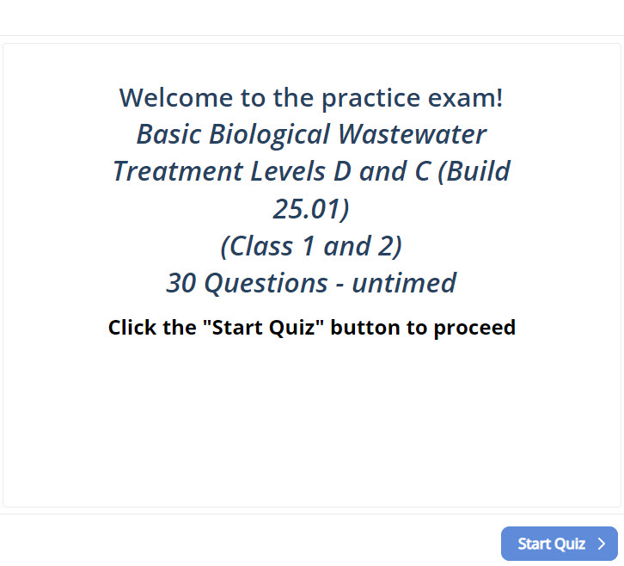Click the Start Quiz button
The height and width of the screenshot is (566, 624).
(560, 544)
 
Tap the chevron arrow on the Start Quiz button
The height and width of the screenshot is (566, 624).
(602, 544)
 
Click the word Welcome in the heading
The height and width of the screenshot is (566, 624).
(176, 97)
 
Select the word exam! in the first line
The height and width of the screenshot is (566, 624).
(465, 97)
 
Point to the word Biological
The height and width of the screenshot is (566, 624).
(269, 134)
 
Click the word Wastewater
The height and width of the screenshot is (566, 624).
(413, 134)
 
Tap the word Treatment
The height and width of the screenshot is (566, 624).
(178, 171)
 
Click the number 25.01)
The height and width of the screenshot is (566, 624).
(311, 209)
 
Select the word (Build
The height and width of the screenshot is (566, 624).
(474, 171)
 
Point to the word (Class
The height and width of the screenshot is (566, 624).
(257, 246)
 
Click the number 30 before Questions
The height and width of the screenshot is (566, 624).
(181, 283)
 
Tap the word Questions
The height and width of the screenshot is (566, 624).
(266, 283)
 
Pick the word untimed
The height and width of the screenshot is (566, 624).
(404, 283)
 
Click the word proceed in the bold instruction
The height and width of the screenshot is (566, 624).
(474, 328)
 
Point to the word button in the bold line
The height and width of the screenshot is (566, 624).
(365, 328)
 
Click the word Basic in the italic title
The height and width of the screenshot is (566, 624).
(168, 134)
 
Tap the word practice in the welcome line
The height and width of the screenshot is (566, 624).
(371, 98)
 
